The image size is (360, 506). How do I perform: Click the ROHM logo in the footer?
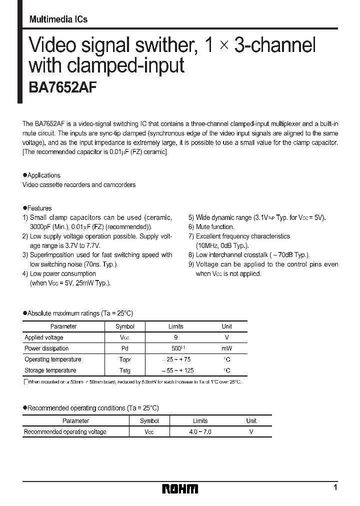pyautogui.click(x=180, y=489)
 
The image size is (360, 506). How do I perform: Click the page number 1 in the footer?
pyautogui.click(x=335, y=487)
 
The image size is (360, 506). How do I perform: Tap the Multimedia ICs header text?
pyautogui.click(x=58, y=19)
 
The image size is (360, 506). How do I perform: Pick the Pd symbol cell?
pyautogui.click(x=125, y=348)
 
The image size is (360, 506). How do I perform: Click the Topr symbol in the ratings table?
pyautogui.click(x=125, y=359)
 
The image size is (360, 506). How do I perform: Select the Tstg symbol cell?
pyautogui.click(x=125, y=370)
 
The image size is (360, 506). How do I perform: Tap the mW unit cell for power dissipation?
pyautogui.click(x=226, y=348)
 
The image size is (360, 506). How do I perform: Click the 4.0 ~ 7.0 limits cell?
pyautogui.click(x=200, y=431)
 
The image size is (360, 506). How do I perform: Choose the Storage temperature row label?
pyautogui.click(x=50, y=370)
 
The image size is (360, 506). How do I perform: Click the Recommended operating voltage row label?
pyautogui.click(x=65, y=431)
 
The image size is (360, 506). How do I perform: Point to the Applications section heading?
pyautogui.click(x=43, y=175)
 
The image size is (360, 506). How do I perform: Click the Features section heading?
pyautogui.click(x=39, y=208)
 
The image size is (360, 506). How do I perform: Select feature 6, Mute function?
pyautogui.click(x=214, y=227)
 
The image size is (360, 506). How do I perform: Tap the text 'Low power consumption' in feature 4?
pyautogui.click(x=62, y=273)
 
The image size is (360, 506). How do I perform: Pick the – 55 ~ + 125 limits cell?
pyautogui.click(x=177, y=370)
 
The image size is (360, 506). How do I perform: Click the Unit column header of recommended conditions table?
pyautogui.click(x=251, y=421)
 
